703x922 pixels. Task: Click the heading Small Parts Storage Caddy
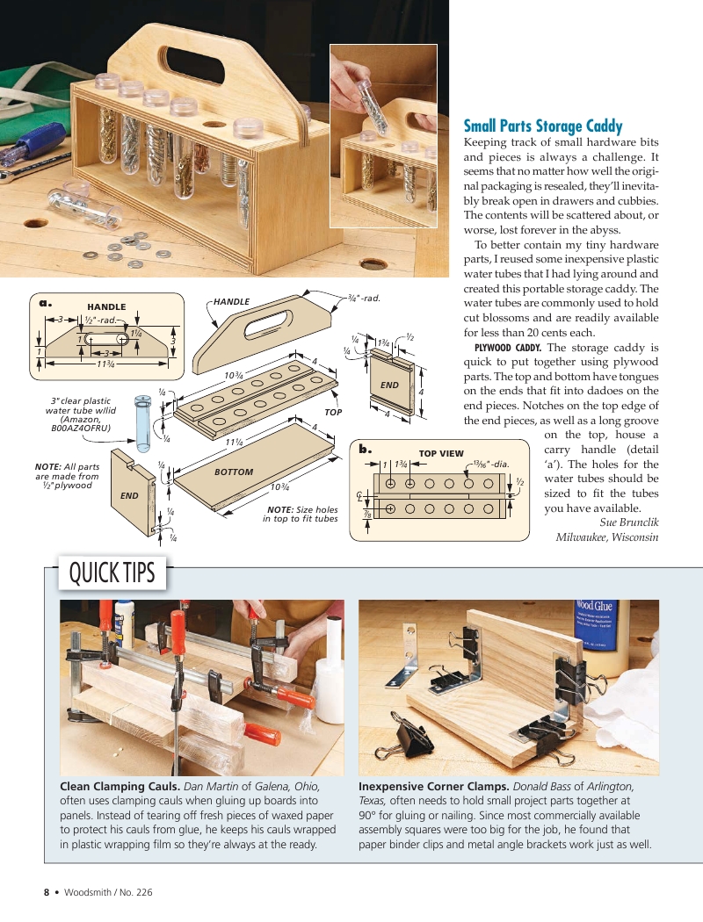click(542, 126)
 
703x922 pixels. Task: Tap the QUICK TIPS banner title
click(112, 573)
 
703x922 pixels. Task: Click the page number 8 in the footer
click(47, 892)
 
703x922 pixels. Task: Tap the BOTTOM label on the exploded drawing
click(233, 472)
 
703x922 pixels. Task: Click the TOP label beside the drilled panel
click(333, 411)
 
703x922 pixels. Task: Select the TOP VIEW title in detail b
click(440, 454)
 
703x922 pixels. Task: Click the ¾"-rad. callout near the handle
click(363, 299)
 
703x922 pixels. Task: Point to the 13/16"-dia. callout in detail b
click(489, 464)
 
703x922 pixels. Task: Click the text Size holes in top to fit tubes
click(301, 514)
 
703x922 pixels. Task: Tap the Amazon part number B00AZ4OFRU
click(81, 429)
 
